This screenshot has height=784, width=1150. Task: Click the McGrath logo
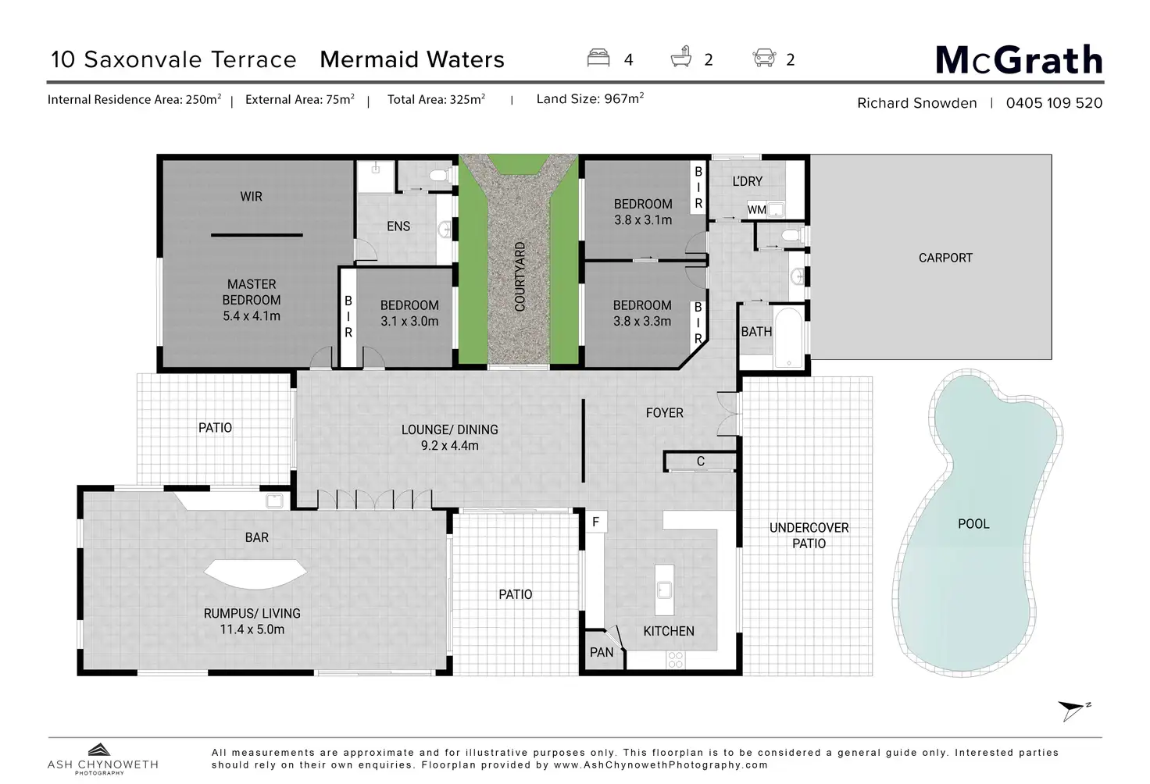pos(1019,60)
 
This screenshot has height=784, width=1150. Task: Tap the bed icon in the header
pos(598,58)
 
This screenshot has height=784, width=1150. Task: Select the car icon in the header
pos(764,58)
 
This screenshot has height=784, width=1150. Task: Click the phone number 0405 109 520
pos(1054,103)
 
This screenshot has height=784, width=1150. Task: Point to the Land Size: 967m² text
pos(590,98)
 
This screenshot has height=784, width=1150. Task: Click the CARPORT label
pos(945,258)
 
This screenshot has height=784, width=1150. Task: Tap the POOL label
pos(973,524)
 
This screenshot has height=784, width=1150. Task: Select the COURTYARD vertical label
pos(520,276)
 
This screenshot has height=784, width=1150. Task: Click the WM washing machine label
pos(757,210)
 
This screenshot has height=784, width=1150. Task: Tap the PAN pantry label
pos(602,652)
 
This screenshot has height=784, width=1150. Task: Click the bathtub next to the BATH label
pos(788,337)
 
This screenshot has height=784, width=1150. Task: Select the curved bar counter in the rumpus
pos(255,574)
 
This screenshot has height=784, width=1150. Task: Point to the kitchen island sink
pos(664,590)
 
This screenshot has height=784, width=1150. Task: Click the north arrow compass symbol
pos(1073,711)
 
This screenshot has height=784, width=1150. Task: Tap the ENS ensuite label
pos(398,226)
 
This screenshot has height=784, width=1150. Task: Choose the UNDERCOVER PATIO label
pos(809,536)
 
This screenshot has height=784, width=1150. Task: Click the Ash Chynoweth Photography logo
pos(102,759)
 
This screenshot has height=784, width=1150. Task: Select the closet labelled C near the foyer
pos(700,461)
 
